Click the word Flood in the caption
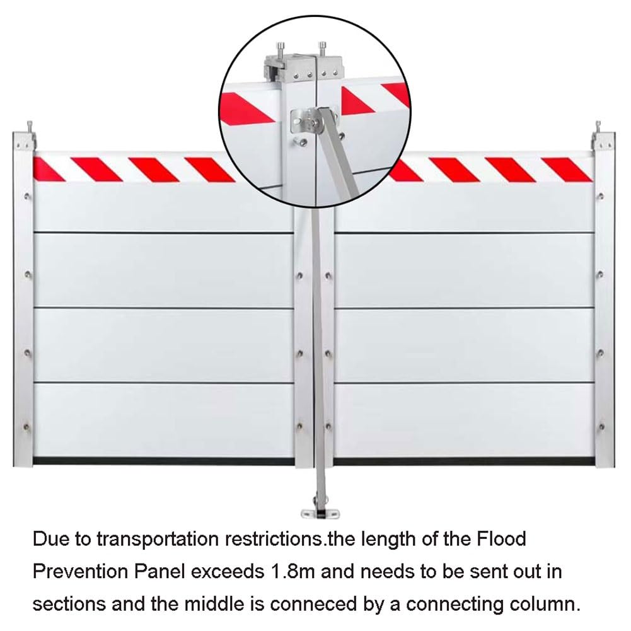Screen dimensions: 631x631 pos(501,538)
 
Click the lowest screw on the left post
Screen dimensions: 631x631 pos(27,427)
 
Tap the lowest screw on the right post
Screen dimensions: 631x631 pos(601,427)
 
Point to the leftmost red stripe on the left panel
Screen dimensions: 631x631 pos(47,170)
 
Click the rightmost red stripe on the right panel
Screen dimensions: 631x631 pos(567,170)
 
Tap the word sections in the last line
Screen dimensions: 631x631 pos(69,605)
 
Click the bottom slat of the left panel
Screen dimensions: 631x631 pos(163,420)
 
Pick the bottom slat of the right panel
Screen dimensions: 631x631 pos(464,420)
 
